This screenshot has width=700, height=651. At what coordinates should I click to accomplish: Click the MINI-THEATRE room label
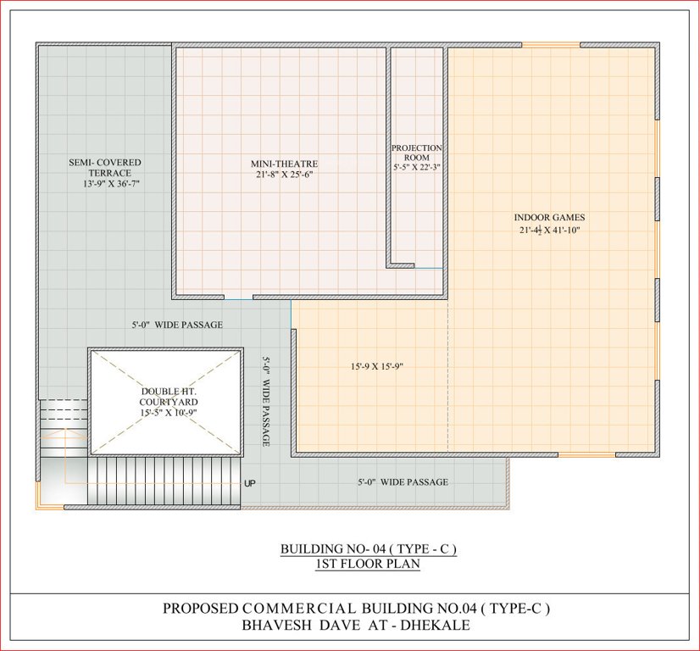point(283,164)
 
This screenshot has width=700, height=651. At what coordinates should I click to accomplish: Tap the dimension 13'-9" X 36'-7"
point(110,183)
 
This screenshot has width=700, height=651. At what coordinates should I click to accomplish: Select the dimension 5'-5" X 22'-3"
point(416,168)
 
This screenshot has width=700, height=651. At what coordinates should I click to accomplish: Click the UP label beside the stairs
point(250,484)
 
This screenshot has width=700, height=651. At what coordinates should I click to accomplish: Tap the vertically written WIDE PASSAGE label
point(265,402)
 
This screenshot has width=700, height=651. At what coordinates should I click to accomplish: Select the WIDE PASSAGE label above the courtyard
point(176,325)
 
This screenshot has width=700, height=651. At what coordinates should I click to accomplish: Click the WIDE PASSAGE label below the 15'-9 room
point(403,482)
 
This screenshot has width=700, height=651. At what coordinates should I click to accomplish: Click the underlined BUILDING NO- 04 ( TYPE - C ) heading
point(369,549)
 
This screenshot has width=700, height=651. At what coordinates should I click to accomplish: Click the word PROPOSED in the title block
point(202,609)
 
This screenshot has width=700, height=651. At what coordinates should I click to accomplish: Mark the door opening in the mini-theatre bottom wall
point(238,298)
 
